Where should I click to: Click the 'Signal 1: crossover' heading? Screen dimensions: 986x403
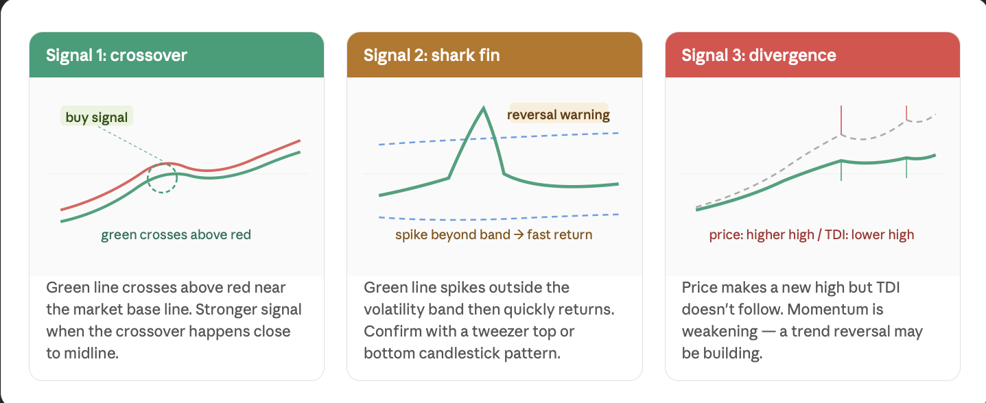click(117, 56)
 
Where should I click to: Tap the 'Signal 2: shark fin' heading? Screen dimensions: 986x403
click(432, 56)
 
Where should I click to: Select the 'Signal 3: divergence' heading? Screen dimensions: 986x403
click(759, 56)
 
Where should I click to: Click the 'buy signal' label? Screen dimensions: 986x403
click(96, 117)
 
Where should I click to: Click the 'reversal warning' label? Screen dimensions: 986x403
click(559, 114)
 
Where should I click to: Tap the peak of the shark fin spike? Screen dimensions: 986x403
click(483, 107)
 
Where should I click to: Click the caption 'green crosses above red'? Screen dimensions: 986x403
click(176, 234)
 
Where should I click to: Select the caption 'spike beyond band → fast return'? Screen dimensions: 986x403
click(494, 234)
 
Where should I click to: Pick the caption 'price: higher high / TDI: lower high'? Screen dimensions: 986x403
click(812, 234)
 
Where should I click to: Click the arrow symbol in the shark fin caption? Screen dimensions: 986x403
click(519, 234)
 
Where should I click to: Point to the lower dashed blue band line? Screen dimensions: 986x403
click(499, 218)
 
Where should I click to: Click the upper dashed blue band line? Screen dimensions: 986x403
click(499, 138)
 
